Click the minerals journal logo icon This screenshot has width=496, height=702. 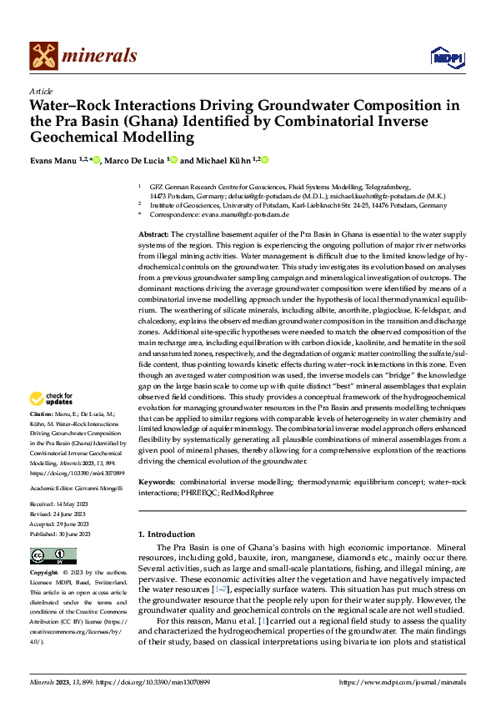[44, 56]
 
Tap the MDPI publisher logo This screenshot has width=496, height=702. [446, 56]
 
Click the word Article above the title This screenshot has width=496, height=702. [41, 91]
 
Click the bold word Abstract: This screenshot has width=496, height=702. [155, 236]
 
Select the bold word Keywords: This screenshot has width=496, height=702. [157, 483]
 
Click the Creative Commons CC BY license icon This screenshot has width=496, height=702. [53, 555]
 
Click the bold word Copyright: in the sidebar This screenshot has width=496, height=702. [45, 573]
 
